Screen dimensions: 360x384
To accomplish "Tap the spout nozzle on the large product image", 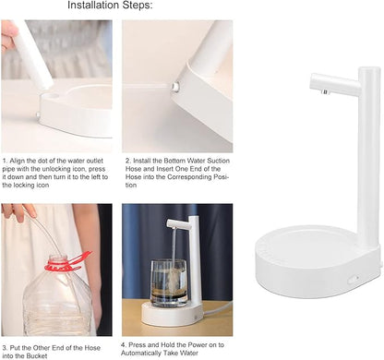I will pos(325,91).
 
